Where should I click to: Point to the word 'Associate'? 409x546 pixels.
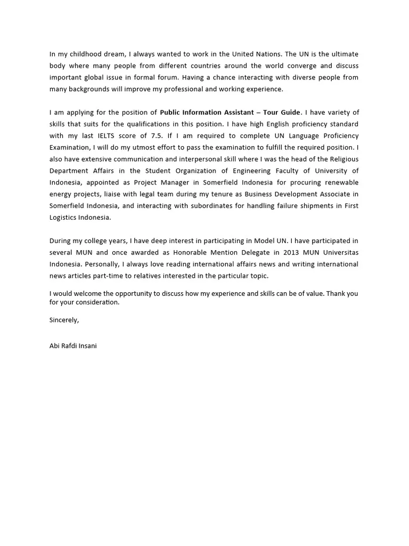click(328, 194)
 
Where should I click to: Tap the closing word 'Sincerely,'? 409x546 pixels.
click(64, 320)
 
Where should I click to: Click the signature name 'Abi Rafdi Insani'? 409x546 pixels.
click(73, 346)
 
